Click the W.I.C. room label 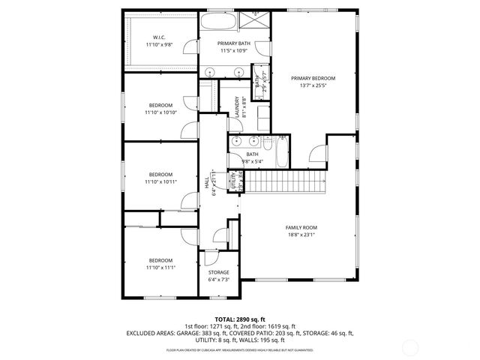[160, 37]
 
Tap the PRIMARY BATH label [234, 43]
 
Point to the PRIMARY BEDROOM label [313, 78]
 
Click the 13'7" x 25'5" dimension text [313, 85]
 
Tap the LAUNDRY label [237, 104]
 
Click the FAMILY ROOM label [301, 227]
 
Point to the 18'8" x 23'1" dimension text [301, 235]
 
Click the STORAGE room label [218, 272]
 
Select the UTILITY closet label [232, 180]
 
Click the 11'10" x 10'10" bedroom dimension [160, 112]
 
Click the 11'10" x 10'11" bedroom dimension [160, 181]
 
